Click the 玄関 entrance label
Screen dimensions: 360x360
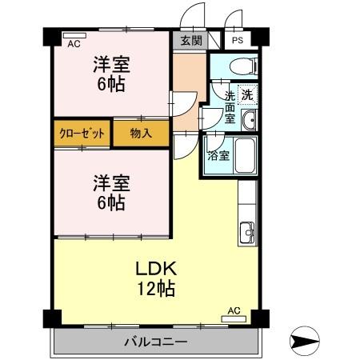(x=191, y=41)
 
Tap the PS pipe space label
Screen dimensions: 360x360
(x=238, y=41)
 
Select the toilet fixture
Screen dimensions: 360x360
(x=239, y=65)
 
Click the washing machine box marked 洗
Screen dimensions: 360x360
(x=248, y=94)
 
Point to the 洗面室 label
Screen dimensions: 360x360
(x=230, y=106)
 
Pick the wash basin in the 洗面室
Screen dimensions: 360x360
(x=250, y=121)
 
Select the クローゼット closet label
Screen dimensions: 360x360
(x=81, y=134)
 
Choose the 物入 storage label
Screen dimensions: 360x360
(x=142, y=134)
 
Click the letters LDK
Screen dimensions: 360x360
(x=154, y=268)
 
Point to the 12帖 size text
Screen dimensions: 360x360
(x=154, y=289)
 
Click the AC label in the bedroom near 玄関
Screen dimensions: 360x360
(x=74, y=44)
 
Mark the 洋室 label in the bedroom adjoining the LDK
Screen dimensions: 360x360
(x=110, y=183)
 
